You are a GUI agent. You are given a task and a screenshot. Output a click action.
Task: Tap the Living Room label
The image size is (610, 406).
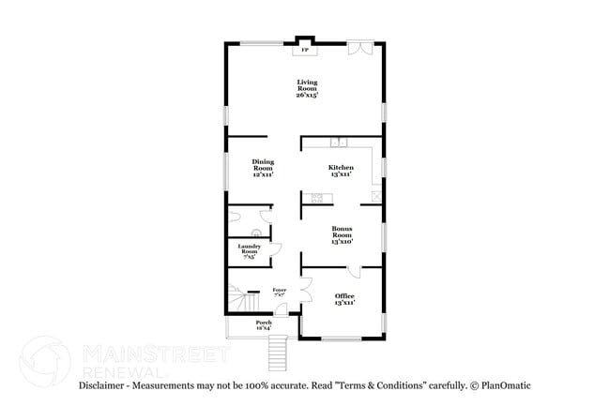tap(308, 89)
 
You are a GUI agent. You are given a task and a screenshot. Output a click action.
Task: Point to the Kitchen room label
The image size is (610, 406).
tap(340, 170)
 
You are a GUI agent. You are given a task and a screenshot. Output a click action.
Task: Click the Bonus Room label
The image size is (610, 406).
tap(341, 234)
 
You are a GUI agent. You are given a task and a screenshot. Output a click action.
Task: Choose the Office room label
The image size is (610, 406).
tap(344, 299)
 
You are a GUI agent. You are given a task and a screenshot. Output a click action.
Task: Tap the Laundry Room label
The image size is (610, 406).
tap(249, 250)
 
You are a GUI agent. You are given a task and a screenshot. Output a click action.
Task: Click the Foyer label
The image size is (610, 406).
tap(279, 293)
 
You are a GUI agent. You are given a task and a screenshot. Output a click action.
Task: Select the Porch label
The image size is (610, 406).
tap(264, 324)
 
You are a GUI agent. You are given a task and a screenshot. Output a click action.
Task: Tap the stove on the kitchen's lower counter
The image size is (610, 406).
tap(317, 198)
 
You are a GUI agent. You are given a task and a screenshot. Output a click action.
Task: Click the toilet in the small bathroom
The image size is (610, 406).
tap(257, 233)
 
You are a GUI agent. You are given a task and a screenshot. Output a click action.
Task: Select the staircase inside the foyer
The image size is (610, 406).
tap(245, 303)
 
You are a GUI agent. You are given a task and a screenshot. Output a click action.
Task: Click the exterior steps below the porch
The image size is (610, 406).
tap(277, 353)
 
